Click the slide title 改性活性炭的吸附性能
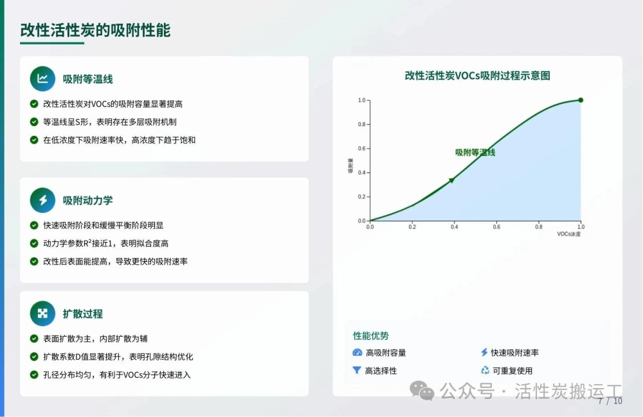point(95,30)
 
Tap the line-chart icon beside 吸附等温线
point(42,79)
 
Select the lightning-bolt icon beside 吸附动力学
point(42,200)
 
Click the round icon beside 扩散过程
point(42,313)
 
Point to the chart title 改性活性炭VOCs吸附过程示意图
point(477,75)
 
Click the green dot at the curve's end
point(581,100)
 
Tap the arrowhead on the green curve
point(451,180)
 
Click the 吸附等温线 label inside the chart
point(475,153)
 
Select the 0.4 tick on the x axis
point(455,227)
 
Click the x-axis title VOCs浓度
point(569,234)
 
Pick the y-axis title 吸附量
point(350,165)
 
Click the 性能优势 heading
point(371,336)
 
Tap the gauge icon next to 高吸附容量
point(357,353)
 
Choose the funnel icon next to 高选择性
point(357,371)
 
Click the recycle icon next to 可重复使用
point(485,370)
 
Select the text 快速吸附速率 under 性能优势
point(514,353)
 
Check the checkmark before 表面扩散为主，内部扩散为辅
point(35,338)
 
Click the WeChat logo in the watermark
point(422,390)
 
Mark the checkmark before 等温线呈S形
point(35,122)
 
